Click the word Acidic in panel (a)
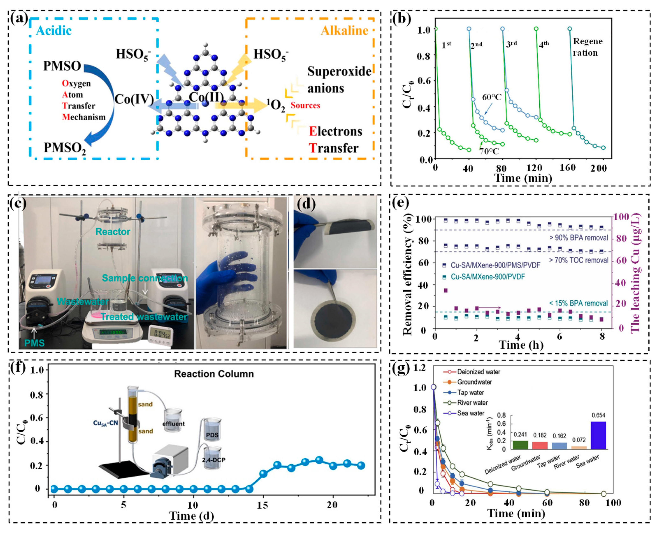(x=54, y=31)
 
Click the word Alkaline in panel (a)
(x=344, y=31)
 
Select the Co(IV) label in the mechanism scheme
(x=134, y=99)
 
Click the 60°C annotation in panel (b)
(x=492, y=97)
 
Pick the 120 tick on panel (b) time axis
(x=534, y=168)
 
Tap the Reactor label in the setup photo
(x=113, y=232)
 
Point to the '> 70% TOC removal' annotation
(x=578, y=260)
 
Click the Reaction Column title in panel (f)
(x=214, y=374)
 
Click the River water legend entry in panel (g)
(x=472, y=403)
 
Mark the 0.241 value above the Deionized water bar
(x=520, y=434)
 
